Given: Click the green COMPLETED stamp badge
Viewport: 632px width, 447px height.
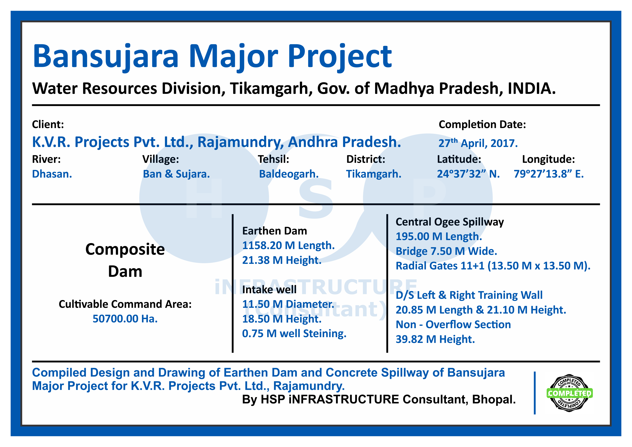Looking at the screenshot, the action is (569, 393).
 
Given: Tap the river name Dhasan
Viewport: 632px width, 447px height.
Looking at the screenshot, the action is (52, 174).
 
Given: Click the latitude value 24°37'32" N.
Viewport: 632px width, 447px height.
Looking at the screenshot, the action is (468, 174).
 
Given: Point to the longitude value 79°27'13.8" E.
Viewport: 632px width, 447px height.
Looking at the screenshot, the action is (549, 174).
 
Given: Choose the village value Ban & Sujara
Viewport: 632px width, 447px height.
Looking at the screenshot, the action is (176, 174).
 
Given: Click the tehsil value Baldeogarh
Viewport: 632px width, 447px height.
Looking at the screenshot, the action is (289, 174).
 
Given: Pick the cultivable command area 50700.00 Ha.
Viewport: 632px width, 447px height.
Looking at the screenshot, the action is (125, 319).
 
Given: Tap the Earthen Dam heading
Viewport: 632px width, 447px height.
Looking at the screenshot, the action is (274, 231).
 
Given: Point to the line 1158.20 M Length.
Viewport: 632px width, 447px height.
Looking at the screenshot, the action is (288, 245).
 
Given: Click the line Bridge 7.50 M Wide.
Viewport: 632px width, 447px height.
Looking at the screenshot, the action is (446, 251).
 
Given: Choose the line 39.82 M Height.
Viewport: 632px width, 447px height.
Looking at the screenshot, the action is (435, 339).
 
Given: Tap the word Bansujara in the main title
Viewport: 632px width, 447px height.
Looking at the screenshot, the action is (106, 57).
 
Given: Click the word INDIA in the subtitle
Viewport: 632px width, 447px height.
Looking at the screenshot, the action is (531, 89).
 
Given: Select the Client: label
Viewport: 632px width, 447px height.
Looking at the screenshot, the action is (48, 124).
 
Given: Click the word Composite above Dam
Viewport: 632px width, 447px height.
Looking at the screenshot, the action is (125, 250).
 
